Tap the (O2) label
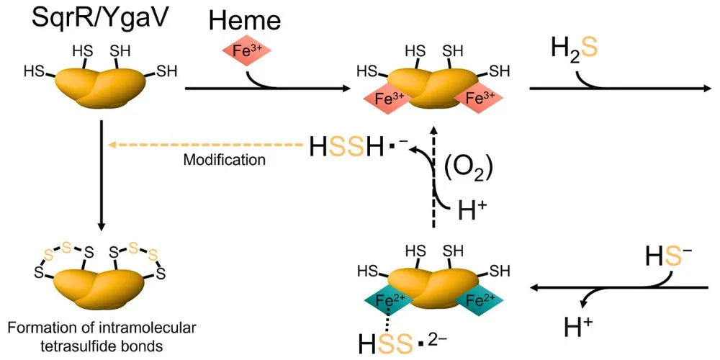[467, 167]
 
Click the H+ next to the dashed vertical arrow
[473, 211]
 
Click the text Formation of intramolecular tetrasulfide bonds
[102, 336]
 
